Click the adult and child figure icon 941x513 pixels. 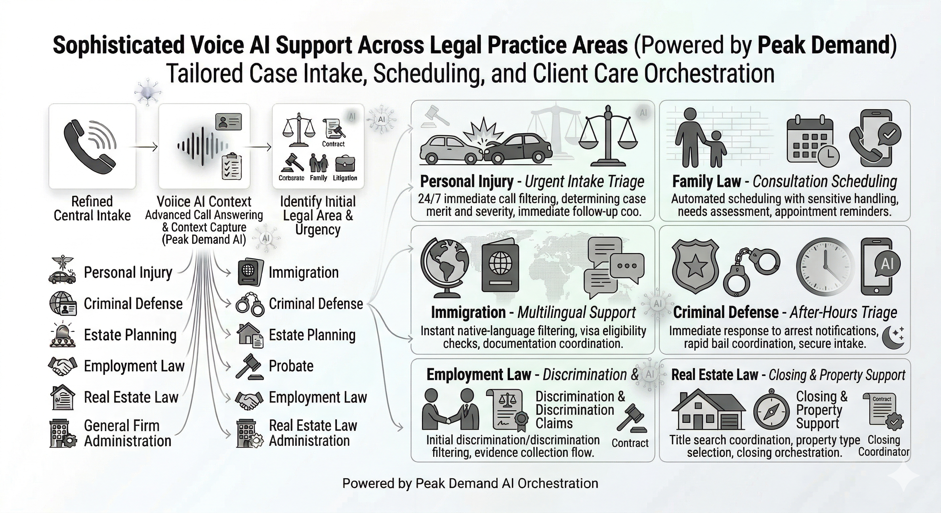point(699,138)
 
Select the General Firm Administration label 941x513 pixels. point(128,434)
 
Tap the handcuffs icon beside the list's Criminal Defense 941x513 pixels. point(250,304)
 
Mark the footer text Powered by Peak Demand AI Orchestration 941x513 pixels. point(470,483)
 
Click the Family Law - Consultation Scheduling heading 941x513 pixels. point(784,181)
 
